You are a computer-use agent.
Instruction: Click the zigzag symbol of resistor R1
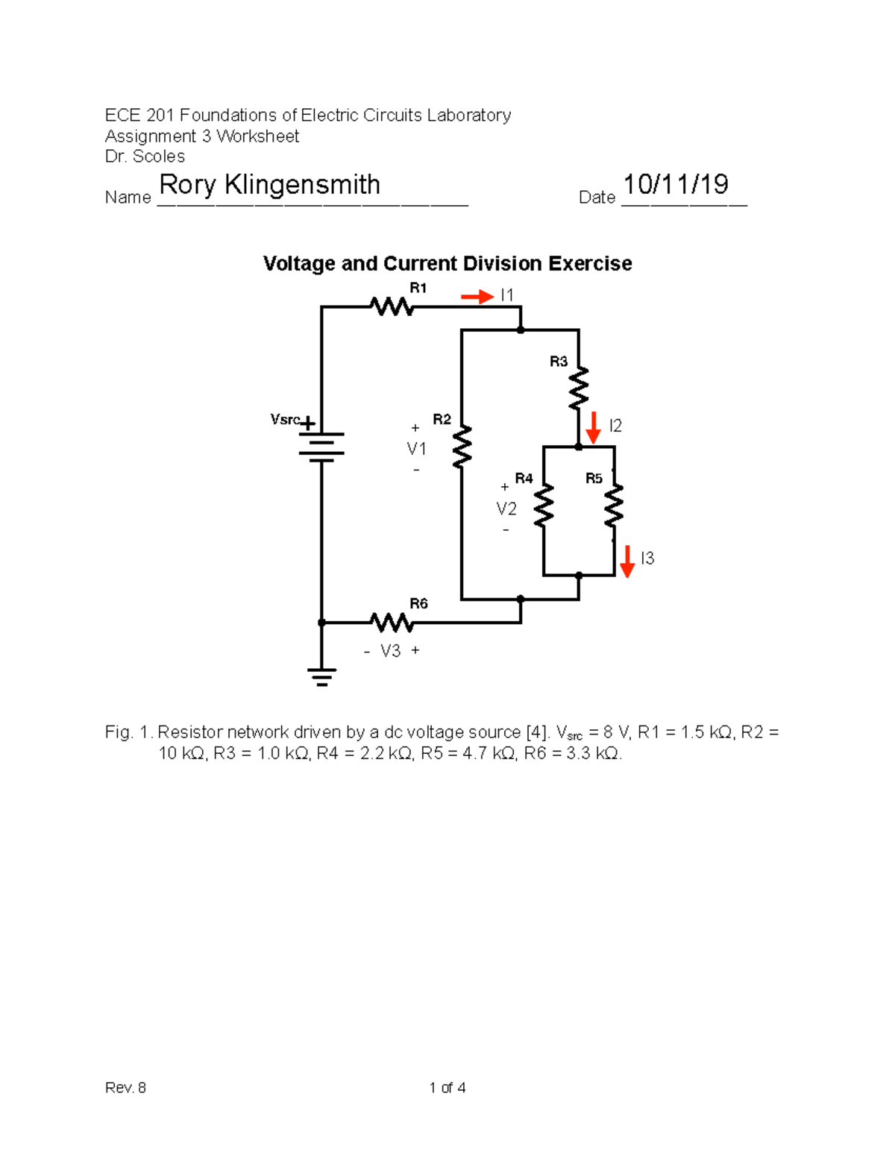pos(392,306)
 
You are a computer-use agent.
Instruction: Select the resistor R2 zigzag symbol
pos(462,447)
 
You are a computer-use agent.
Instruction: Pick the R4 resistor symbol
pos(544,505)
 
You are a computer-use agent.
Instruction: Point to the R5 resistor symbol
pos(614,505)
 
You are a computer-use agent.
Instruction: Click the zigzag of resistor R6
pos(392,622)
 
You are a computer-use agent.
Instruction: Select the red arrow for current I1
pos(477,297)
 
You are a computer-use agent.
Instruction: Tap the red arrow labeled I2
pos(593,427)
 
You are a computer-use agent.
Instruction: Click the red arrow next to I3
pos(627,561)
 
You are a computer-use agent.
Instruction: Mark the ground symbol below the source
pos(321,677)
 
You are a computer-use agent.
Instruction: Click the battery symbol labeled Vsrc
pos(321,446)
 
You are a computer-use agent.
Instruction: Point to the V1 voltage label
pos(416,449)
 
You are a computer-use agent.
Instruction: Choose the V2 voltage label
pos(506,509)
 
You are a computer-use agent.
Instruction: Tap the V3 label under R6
pos(391,651)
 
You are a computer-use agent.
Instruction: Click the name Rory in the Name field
pos(188,184)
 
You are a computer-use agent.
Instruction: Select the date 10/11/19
pos(676,184)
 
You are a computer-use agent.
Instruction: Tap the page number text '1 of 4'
pos(447,1088)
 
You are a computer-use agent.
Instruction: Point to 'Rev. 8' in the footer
pos(125,1088)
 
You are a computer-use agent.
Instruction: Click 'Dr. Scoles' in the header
pos(145,157)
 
